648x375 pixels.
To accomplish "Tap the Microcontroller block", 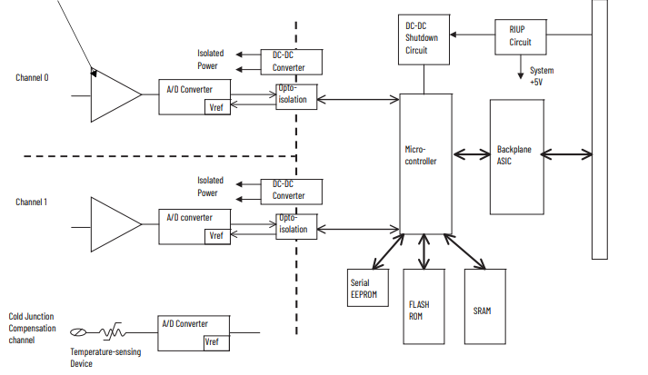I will pyautogui.click(x=425, y=162).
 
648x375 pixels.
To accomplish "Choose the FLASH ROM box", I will pyautogui.click(x=424, y=305).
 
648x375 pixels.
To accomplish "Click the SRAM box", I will pyautogui.click(x=482, y=305).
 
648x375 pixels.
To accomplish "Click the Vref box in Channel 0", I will pyautogui.click(x=216, y=106).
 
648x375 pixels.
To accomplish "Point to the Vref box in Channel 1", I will pyautogui.click(x=216, y=235).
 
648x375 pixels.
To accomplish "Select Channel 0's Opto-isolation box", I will pyautogui.click(x=296, y=95).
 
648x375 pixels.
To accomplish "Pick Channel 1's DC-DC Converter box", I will pyautogui.click(x=290, y=190).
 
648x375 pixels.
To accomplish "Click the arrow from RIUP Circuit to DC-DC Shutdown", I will pyautogui.click(x=473, y=35).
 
